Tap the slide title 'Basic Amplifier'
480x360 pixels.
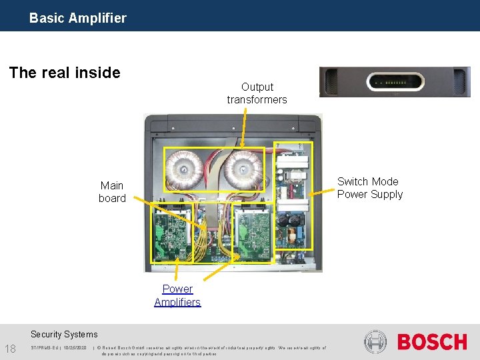[x=77, y=18]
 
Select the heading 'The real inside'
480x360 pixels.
[x=65, y=72]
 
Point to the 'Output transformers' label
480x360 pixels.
[x=257, y=93]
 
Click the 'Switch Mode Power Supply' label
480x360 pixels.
[x=370, y=188]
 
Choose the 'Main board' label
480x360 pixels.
[x=112, y=192]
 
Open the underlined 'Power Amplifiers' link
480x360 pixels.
[x=177, y=295]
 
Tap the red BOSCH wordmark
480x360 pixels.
[x=432, y=343]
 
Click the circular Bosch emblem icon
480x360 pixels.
[x=375, y=342]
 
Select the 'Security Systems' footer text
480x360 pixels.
[x=64, y=335]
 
